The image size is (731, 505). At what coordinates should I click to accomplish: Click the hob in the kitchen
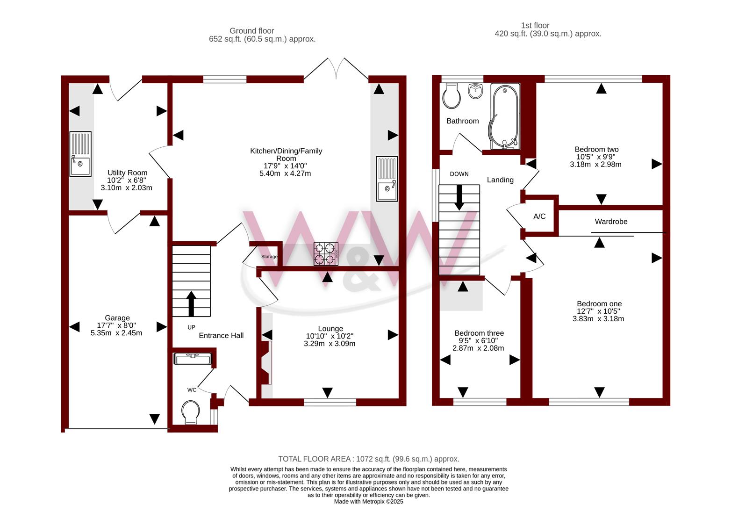click(326, 254)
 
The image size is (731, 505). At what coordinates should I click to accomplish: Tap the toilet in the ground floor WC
click(191, 412)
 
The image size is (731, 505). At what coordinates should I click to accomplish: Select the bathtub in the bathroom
click(504, 116)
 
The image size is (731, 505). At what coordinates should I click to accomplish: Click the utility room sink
click(80, 154)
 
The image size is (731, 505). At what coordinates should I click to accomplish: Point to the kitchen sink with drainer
click(387, 179)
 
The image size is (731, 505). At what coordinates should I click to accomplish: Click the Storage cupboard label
click(269, 257)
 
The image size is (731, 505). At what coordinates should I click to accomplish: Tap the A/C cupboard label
click(539, 216)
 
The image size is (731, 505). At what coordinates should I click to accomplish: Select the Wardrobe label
click(611, 221)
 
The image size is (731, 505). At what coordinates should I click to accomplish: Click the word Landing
click(500, 180)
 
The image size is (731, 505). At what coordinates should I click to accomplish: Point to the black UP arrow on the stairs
click(191, 304)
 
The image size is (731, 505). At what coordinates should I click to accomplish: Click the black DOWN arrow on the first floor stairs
click(459, 197)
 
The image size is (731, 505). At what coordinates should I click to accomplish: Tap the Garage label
click(117, 317)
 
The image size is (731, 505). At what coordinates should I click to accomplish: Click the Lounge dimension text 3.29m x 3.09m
click(330, 343)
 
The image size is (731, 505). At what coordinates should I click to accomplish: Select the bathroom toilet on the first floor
click(451, 95)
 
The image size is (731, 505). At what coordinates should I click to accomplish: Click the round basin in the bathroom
click(475, 91)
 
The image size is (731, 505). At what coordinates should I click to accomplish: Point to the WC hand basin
click(193, 359)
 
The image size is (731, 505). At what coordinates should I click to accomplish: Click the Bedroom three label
click(479, 333)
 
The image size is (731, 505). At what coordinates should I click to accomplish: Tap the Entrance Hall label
click(221, 336)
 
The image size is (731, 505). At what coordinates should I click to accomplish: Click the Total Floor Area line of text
click(369, 459)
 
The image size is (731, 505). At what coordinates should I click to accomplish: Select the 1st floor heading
click(535, 25)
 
